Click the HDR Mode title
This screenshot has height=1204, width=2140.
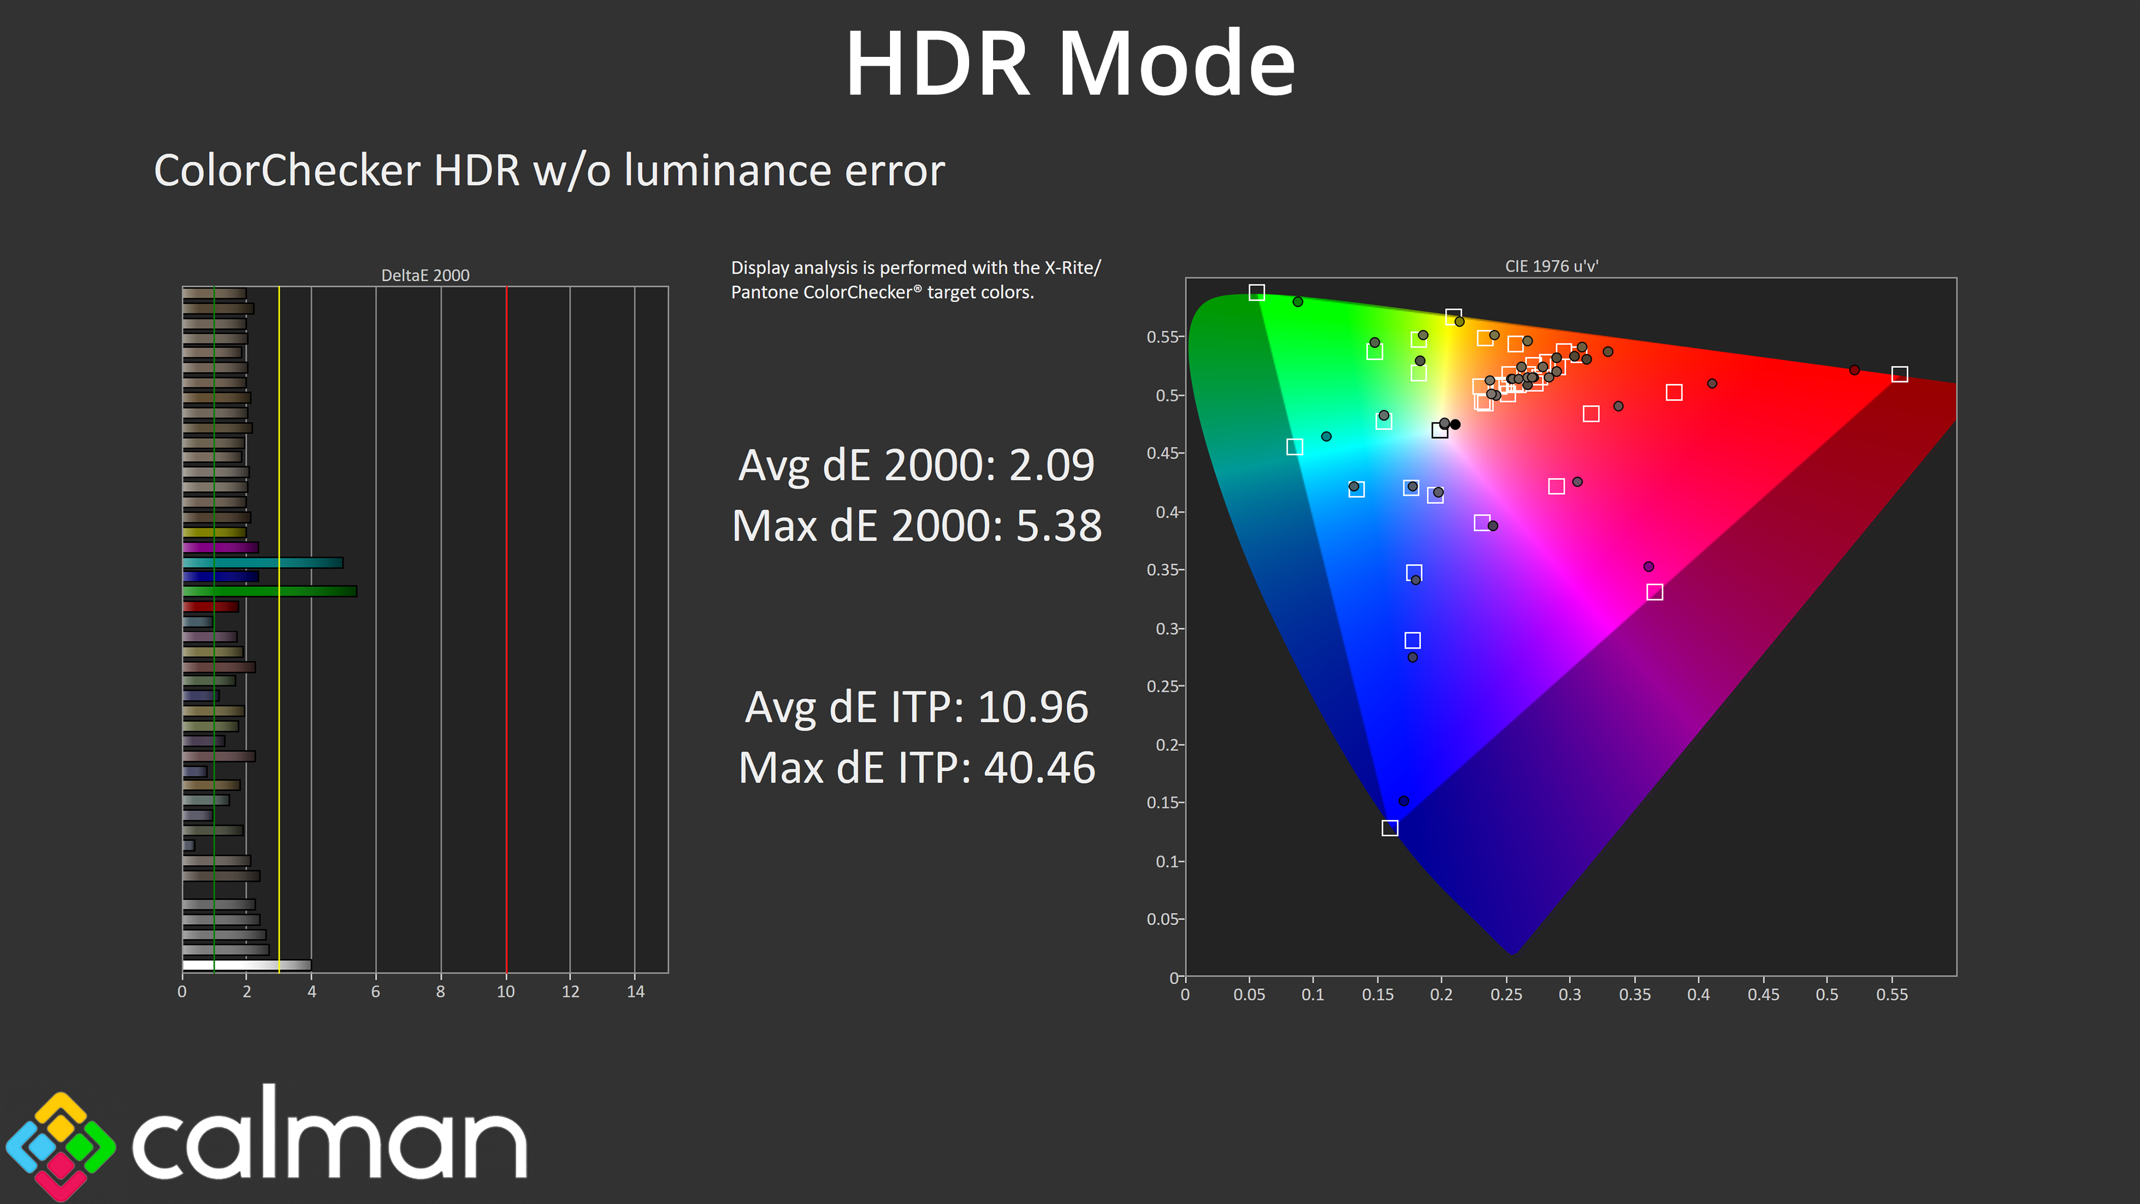pos(1070,64)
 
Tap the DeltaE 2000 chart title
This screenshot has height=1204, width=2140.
pos(425,275)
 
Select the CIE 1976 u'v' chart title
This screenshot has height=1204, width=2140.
pos(1551,266)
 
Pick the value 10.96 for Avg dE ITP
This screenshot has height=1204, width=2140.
pos(1033,707)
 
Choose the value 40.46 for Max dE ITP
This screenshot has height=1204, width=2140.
pos(1039,768)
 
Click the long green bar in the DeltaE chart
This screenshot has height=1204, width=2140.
pos(270,591)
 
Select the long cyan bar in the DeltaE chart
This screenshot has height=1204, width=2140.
pos(262,562)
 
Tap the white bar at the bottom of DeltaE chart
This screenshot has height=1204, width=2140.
pos(247,965)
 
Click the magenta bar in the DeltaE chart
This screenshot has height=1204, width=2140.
pos(220,547)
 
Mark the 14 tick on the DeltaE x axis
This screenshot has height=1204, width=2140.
pos(635,991)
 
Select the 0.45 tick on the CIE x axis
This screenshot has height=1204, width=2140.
pos(1763,994)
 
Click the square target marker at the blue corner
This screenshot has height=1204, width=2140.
pos(1390,828)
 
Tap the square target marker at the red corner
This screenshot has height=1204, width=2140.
pos(1899,375)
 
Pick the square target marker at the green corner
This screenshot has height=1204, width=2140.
pos(1257,293)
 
